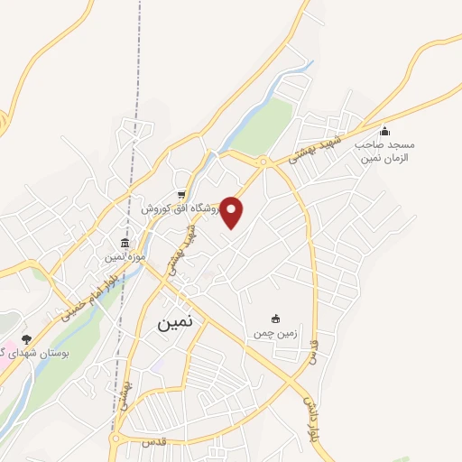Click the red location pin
coord(232,211)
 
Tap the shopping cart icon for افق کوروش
coord(181,195)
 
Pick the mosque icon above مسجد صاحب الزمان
coord(384,131)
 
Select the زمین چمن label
coord(273,333)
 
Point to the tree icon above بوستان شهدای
coord(26,339)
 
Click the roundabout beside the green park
coord(263,162)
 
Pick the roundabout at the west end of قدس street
coord(115,439)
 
